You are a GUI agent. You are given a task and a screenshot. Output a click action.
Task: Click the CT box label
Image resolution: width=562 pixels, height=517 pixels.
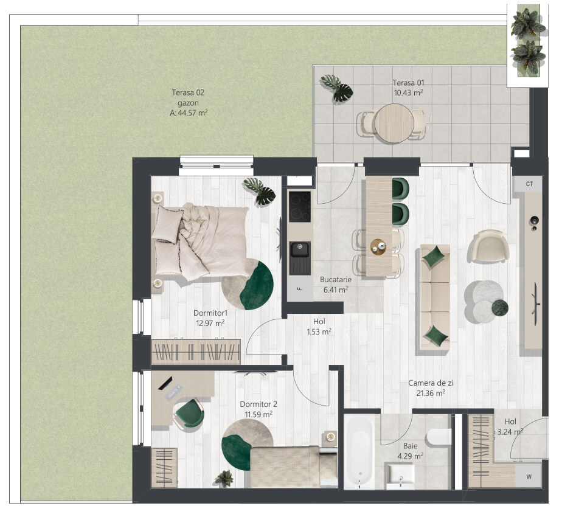pyautogui.click(x=529, y=184)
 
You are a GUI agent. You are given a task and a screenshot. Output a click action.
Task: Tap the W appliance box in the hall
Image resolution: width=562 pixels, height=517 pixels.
pyautogui.click(x=529, y=476)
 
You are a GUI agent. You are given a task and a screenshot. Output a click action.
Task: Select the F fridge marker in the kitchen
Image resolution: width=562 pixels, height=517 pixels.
pyautogui.click(x=300, y=288)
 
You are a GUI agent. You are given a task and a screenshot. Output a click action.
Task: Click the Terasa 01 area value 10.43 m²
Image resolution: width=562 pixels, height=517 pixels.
pyautogui.click(x=408, y=93)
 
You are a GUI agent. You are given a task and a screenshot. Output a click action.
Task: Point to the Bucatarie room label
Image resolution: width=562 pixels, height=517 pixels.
pyautogui.click(x=336, y=279)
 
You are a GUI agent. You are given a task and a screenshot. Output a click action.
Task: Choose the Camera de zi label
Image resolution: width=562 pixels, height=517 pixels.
pyautogui.click(x=431, y=383)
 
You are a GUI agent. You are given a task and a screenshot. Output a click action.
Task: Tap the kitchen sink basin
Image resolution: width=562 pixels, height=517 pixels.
pyautogui.click(x=300, y=249)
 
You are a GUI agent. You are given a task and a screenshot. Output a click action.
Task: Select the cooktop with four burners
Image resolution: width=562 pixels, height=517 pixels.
pyautogui.click(x=300, y=207)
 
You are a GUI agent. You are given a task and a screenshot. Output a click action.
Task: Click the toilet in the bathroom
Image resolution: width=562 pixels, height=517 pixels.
pyautogui.click(x=439, y=437)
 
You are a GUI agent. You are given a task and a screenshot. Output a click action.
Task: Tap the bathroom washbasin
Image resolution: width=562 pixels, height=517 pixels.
pyautogui.click(x=400, y=476)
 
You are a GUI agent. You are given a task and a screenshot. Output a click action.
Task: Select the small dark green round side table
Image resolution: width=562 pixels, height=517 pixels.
pyautogui.click(x=499, y=308)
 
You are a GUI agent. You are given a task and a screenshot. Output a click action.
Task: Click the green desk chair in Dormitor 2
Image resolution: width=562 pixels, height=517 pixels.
pyautogui.click(x=189, y=414)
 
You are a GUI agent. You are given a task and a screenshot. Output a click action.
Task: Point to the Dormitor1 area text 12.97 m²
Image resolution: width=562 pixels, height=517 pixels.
pyautogui.click(x=210, y=323)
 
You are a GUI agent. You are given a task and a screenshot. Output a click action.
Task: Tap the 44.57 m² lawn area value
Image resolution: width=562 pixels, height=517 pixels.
pyautogui.click(x=193, y=113)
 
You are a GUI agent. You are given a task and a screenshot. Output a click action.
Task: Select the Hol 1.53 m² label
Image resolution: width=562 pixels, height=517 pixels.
pyautogui.click(x=319, y=327)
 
